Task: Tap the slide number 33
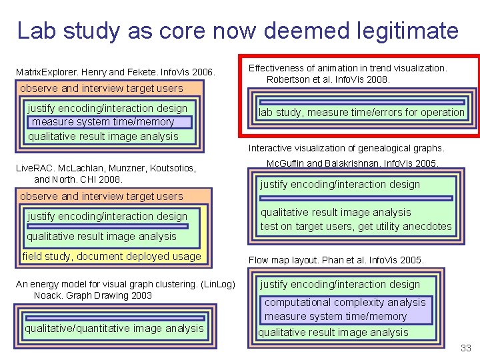pyautogui.click(x=465, y=348)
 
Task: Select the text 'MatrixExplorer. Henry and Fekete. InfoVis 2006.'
pyautogui.click(x=115, y=71)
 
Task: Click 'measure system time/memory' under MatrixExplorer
pyautogui.click(x=103, y=122)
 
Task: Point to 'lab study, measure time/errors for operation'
pyautogui.click(x=361, y=113)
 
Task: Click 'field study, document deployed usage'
pyautogui.click(x=111, y=257)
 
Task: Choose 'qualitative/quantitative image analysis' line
pyautogui.click(x=114, y=328)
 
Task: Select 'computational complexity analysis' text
pyautogui.click(x=345, y=302)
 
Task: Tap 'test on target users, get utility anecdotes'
pyautogui.click(x=356, y=227)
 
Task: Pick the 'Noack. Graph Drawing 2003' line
pyautogui.click(x=93, y=295)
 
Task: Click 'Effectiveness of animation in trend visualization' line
pyautogui.click(x=347, y=68)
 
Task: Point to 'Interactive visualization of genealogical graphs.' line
pyautogui.click(x=346, y=148)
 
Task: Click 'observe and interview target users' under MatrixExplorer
pyautogui.click(x=101, y=89)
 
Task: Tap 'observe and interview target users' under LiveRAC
pyautogui.click(x=101, y=197)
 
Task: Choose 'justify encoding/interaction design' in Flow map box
pyautogui.click(x=340, y=285)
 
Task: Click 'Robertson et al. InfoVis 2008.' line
pyautogui.click(x=328, y=80)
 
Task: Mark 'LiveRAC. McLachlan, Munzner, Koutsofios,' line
pyautogui.click(x=105, y=169)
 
